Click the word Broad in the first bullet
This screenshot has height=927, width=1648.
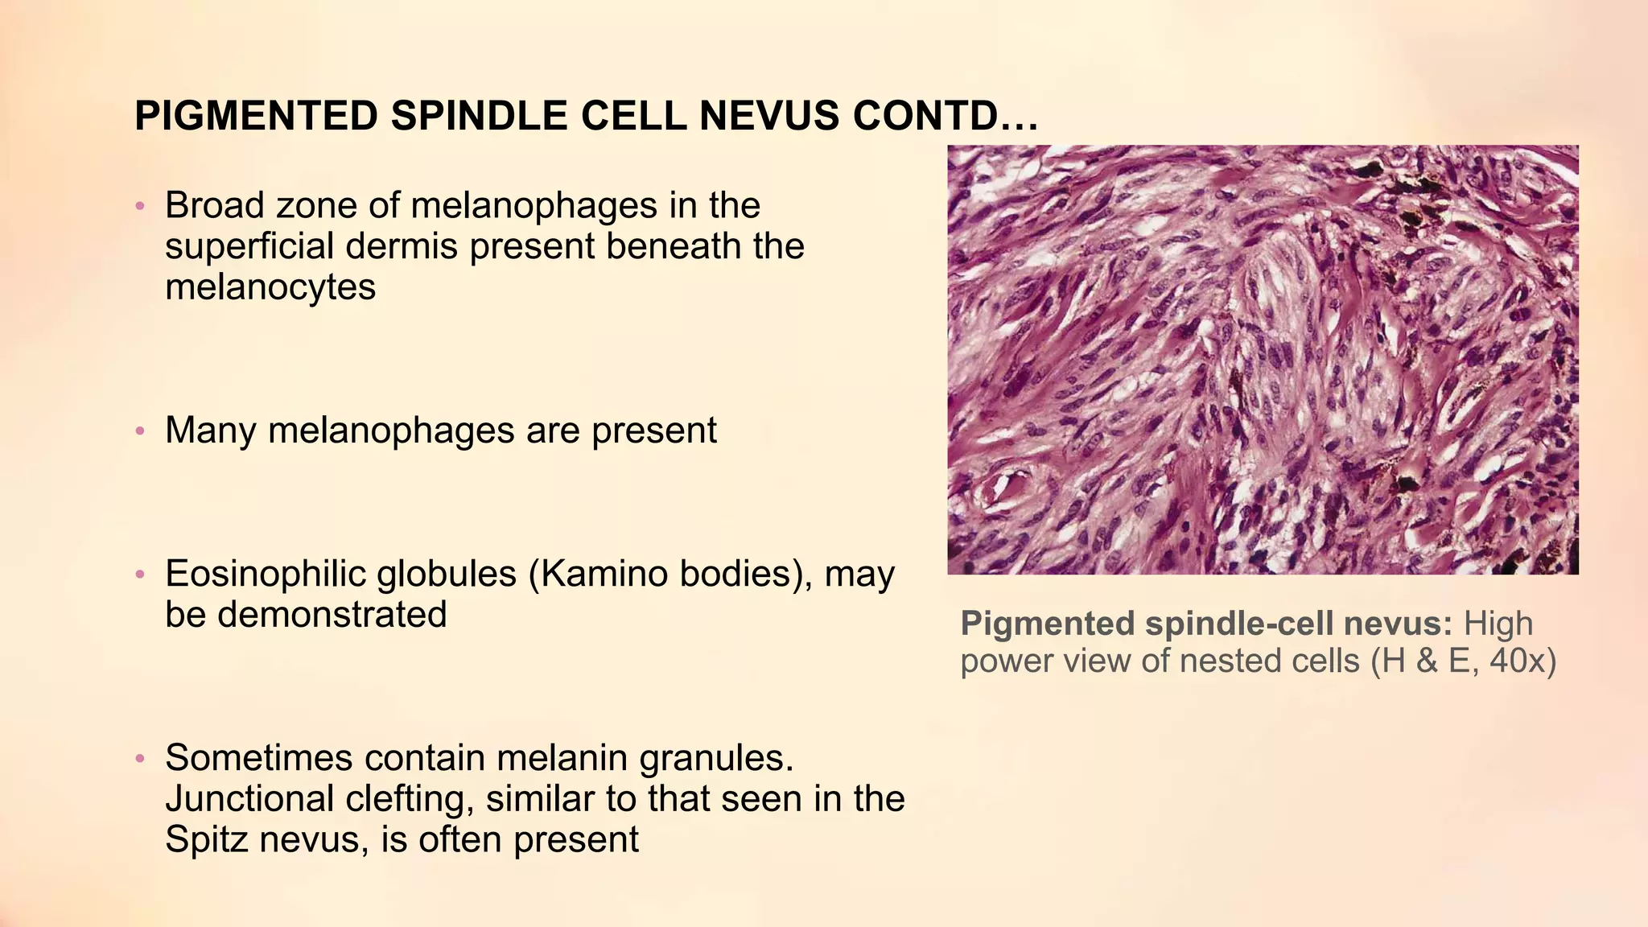pyautogui.click(x=215, y=205)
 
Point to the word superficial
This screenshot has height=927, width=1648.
pyautogui.click(x=249, y=246)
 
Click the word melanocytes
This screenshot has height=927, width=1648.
pyautogui.click(x=270, y=287)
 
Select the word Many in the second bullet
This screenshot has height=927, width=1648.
pyautogui.click(x=210, y=431)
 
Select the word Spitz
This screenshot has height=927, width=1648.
pyautogui.click(x=203, y=839)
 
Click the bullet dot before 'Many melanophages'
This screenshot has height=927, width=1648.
pyautogui.click(x=140, y=432)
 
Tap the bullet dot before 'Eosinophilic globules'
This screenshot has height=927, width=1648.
pyautogui.click(x=140, y=576)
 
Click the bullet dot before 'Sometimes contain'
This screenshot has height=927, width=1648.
pyautogui.click(x=140, y=760)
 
